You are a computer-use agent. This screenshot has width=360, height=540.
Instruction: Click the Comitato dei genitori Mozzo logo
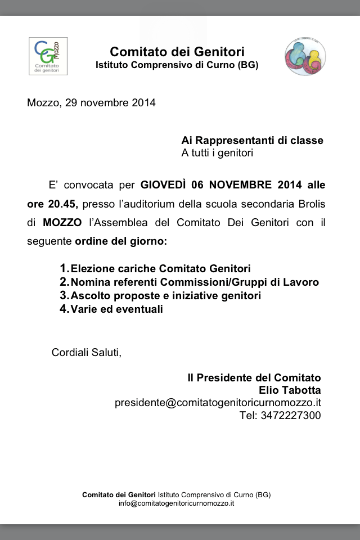[x=48, y=56]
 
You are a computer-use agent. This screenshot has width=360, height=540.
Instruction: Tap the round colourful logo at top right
[x=305, y=56]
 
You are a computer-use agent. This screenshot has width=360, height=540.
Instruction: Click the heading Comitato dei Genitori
[x=177, y=52]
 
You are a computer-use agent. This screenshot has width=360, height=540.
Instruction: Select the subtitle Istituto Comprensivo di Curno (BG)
[x=177, y=65]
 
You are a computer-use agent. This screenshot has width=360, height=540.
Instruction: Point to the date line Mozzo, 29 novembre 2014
[x=91, y=103]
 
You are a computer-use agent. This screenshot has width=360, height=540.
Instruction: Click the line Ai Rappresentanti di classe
[x=252, y=141]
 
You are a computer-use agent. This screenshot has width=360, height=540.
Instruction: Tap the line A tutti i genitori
[x=217, y=153]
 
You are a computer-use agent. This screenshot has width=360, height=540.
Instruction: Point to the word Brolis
[x=310, y=204]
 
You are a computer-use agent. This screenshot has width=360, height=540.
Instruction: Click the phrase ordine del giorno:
[x=121, y=242]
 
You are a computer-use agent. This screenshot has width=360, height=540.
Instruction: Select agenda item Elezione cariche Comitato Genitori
[x=160, y=269]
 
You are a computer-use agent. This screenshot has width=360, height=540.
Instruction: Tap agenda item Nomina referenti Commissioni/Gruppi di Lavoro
[x=195, y=282]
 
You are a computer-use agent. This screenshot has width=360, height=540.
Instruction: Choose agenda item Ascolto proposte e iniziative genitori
[x=165, y=296]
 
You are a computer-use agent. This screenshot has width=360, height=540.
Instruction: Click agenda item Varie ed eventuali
[x=116, y=309]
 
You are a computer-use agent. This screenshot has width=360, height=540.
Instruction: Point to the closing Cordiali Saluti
[x=86, y=353]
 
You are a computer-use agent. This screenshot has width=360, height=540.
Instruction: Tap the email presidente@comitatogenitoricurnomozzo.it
[x=218, y=403]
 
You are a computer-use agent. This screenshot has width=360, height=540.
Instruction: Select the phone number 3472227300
[x=291, y=416]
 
